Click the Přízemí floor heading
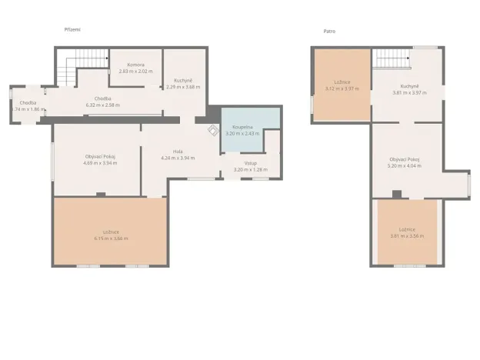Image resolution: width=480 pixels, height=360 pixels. pos(72,30)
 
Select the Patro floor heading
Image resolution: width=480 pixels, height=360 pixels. pos(329,32)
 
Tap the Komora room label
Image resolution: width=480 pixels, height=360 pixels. pos(135,65)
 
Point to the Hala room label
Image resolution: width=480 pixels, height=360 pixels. pos(178,152)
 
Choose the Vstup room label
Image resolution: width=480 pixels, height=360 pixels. pos(251,163)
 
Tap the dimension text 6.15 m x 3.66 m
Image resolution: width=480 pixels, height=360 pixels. pos(111,238)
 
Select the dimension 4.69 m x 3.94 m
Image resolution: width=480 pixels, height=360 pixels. pos(98,163)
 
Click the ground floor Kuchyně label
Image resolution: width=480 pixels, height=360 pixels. pos(183,81)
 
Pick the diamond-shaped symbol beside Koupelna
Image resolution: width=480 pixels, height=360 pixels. pos(212,131)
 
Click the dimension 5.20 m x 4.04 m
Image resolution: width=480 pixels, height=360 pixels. pos(406,165)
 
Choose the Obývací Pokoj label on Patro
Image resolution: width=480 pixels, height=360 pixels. pos(406,158)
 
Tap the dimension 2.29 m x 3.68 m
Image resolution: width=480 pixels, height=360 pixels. pos(183,87)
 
